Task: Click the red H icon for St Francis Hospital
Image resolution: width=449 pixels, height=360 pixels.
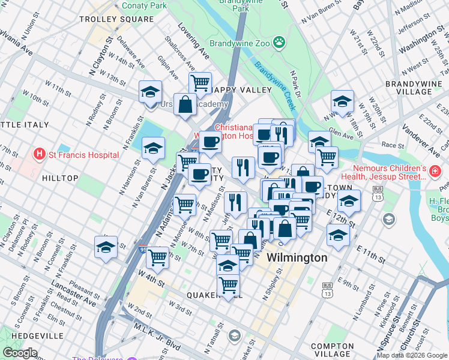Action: pyautogui.click(x=40, y=154)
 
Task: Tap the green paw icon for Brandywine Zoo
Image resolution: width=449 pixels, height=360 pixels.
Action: pyautogui.click(x=279, y=42)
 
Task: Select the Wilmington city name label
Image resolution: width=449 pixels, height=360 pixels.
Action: pyautogui.click(x=297, y=257)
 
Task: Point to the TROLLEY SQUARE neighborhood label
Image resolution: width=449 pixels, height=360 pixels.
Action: pyautogui.click(x=117, y=19)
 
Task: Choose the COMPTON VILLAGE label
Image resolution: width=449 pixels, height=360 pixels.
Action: pyautogui.click(x=333, y=350)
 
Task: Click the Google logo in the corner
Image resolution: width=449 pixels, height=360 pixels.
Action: pyautogui.click(x=20, y=353)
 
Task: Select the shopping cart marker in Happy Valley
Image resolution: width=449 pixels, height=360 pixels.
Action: pyautogui.click(x=200, y=82)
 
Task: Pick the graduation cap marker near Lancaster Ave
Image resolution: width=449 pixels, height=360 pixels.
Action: pyautogui.click(x=106, y=247)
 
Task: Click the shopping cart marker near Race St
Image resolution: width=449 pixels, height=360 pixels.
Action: pyautogui.click(x=327, y=157)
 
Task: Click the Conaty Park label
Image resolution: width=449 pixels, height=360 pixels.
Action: pyautogui.click(x=144, y=5)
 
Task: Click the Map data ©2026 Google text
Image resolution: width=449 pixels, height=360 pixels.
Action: pyautogui.click(x=411, y=355)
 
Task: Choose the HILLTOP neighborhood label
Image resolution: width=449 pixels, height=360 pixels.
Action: pyautogui.click(x=60, y=178)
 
